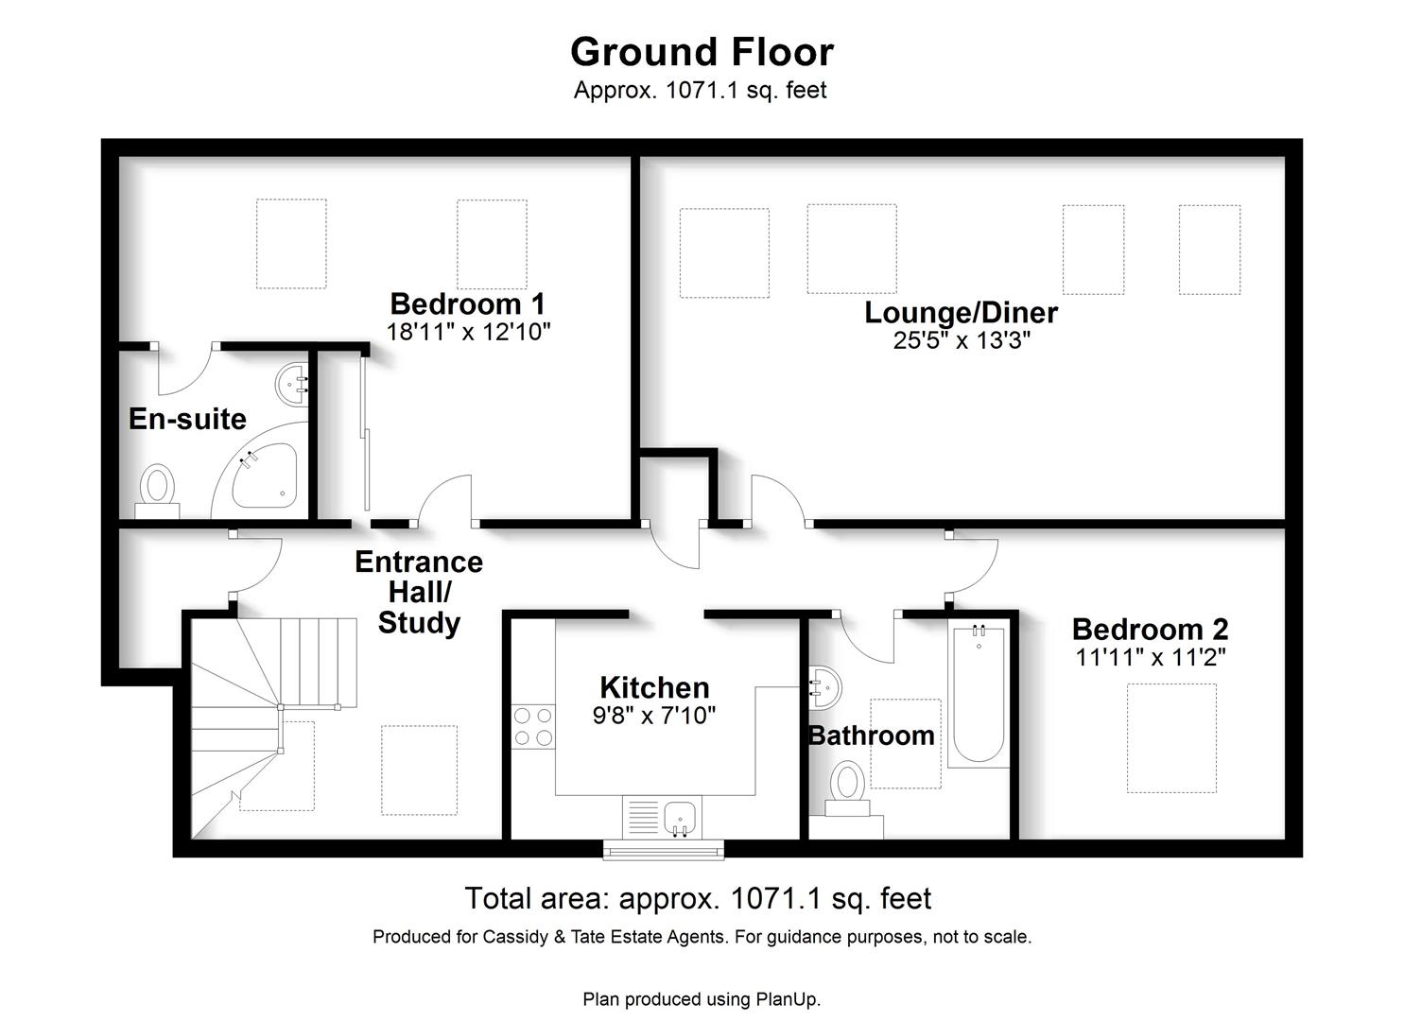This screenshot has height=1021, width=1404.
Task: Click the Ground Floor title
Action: pyautogui.click(x=702, y=51)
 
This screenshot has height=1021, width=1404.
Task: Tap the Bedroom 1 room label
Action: pyautogui.click(x=468, y=304)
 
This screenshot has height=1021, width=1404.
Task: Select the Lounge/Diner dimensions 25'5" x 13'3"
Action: pyautogui.click(x=961, y=340)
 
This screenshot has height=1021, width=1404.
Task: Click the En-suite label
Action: pyautogui.click(x=187, y=419)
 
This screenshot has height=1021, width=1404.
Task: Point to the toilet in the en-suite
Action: pyautogui.click(x=157, y=491)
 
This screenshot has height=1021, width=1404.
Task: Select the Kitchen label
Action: pyautogui.click(x=654, y=687)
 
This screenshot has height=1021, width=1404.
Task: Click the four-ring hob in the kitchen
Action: pyautogui.click(x=533, y=727)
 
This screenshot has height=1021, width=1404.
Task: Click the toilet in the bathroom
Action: pyautogui.click(x=847, y=788)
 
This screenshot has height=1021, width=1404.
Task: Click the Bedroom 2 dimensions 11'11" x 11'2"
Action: pyautogui.click(x=1151, y=657)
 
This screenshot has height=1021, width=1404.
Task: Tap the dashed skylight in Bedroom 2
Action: pyautogui.click(x=1171, y=738)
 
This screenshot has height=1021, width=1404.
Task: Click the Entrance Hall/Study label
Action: pyautogui.click(x=419, y=593)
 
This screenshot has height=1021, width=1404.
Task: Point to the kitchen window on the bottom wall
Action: pyautogui.click(x=663, y=850)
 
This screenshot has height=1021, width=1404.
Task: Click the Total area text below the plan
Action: pyautogui.click(x=698, y=898)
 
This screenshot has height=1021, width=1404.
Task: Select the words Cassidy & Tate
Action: pyautogui.click(x=545, y=937)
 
